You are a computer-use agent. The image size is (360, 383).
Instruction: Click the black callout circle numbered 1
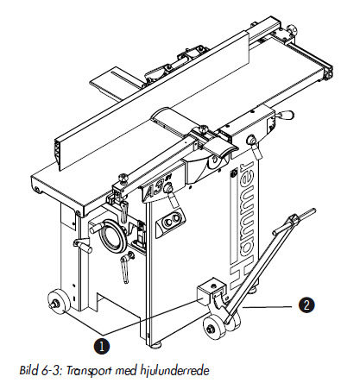click(101, 346)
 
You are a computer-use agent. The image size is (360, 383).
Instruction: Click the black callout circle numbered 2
click(306, 305)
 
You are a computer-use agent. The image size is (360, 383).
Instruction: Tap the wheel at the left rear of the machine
click(59, 303)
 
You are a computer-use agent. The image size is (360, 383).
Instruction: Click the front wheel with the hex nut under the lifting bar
click(215, 327)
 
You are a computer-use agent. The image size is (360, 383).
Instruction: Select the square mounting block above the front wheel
click(211, 291)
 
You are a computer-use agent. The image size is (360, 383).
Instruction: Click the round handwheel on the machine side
click(113, 235)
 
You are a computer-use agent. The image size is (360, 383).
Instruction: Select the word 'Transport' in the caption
click(89, 370)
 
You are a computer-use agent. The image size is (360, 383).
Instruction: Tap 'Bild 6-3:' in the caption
click(41, 369)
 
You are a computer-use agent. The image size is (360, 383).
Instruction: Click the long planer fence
click(152, 101)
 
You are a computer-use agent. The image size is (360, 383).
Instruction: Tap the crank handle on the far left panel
click(83, 246)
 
